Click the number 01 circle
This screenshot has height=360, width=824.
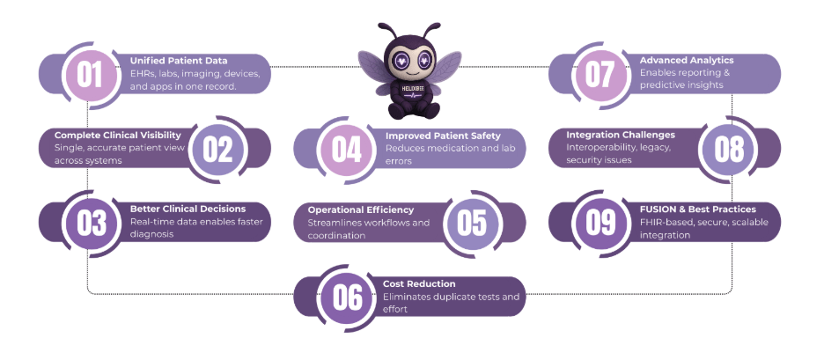click(x=86, y=74)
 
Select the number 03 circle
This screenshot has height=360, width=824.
click(x=91, y=223)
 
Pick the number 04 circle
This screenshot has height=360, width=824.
click(x=346, y=148)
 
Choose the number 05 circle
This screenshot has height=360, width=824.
click(x=472, y=223)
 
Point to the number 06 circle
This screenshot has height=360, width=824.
click(x=347, y=298)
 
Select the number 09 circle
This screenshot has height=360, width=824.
click(x=600, y=223)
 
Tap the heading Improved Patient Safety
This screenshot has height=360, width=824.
click(x=443, y=136)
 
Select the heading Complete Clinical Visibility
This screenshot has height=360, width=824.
click(x=118, y=135)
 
